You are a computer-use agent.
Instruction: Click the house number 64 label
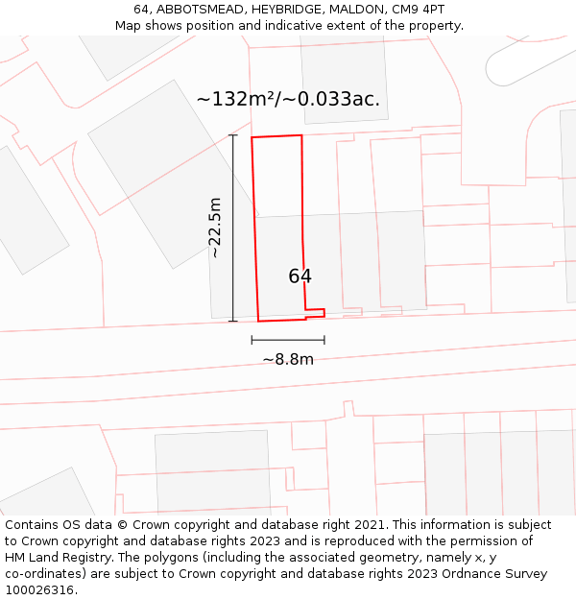coord(300,276)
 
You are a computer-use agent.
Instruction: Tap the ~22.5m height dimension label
coord(215,228)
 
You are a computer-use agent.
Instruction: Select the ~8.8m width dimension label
coord(288,360)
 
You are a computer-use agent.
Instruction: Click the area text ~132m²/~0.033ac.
coord(288,99)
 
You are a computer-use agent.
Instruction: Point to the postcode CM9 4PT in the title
coord(418,10)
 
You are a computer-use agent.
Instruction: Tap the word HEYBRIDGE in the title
coord(286,10)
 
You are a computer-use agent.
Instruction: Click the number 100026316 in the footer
coord(38,590)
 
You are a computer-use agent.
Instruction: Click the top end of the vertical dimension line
coord(233,135)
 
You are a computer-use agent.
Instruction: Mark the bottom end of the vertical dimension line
coord(233,321)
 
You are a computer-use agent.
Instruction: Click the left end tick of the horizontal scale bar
coord(252,340)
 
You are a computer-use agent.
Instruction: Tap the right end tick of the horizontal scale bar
coord(324,340)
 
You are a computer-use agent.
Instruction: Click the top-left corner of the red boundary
coord(252,138)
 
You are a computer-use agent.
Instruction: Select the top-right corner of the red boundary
coord(301,135)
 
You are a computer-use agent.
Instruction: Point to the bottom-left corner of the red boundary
coord(258,321)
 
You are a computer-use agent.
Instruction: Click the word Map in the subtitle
coord(129,26)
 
